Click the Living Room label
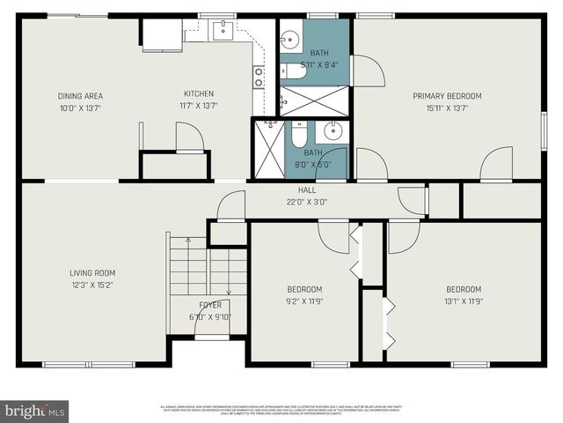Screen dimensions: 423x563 [92, 272]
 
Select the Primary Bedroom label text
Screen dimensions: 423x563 [447, 95]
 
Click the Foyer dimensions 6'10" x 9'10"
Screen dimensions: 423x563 [210, 317]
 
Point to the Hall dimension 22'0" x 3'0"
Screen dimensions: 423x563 [307, 201]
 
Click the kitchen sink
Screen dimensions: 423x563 [223, 30]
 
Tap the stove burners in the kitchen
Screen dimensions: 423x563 [260, 78]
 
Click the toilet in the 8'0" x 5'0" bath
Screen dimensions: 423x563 [299, 137]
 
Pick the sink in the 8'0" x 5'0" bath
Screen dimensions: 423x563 [332, 132]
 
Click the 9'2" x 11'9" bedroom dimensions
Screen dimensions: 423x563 [304, 301]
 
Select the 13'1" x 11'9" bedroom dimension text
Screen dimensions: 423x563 [463, 301]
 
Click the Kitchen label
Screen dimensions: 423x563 [199, 95]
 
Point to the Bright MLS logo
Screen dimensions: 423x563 [35, 410]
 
